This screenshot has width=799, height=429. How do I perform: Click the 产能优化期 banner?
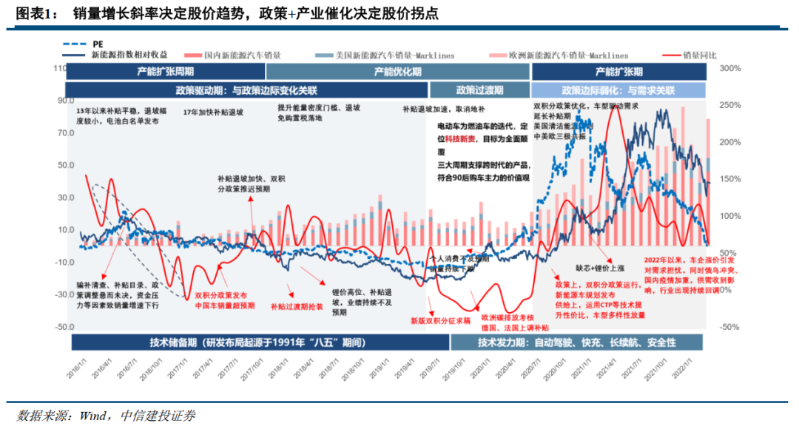[397, 72]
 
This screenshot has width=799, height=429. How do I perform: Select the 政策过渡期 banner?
[479, 90]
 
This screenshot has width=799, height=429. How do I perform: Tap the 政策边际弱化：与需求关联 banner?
[618, 90]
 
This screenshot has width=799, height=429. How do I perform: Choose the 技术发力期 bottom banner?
[576, 342]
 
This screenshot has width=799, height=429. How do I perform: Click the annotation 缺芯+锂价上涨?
[601, 268]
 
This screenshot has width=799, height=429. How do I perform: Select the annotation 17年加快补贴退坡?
[213, 112]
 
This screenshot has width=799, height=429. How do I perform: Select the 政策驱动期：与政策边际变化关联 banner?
[246, 90]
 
